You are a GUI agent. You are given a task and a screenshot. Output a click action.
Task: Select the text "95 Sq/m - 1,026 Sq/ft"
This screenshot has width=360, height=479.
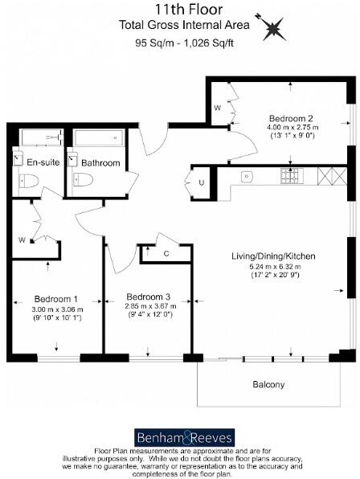click(179, 44)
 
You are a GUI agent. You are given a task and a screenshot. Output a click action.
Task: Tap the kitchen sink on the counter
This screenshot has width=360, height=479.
click(247, 176)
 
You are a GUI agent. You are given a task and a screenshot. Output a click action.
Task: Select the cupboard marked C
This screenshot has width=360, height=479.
click(165, 255)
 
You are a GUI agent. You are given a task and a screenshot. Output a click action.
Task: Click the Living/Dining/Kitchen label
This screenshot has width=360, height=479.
click(273, 256)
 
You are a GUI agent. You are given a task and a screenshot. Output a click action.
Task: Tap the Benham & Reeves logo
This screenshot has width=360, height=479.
click(179, 438)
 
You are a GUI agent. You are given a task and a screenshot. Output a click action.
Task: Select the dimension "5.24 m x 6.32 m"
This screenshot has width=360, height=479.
click(273, 266)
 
